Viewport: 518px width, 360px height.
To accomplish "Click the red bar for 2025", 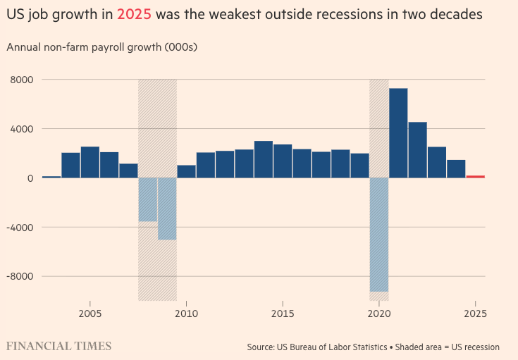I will pyautogui.click(x=475, y=176).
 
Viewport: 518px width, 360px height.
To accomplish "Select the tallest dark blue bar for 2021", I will pyautogui.click(x=398, y=132).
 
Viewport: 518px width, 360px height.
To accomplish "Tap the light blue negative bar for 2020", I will pyautogui.click(x=379, y=235).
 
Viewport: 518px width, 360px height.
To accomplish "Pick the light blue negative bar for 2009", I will pyautogui.click(x=167, y=209).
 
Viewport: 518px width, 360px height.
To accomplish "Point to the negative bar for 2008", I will pyautogui.click(x=147, y=199).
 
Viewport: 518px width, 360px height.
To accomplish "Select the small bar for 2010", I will pyautogui.click(x=186, y=171).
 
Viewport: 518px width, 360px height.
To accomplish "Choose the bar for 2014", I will pyautogui.click(x=264, y=159).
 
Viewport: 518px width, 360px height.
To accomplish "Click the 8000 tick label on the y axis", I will pyautogui.click(x=22, y=80).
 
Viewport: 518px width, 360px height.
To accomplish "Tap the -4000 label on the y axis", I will pyautogui.click(x=20, y=227).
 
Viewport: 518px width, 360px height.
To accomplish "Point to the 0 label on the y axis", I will pyautogui.click(x=30, y=178).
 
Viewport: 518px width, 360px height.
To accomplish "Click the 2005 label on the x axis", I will pyautogui.click(x=90, y=314).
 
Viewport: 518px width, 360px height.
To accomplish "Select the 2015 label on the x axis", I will pyautogui.click(x=283, y=314).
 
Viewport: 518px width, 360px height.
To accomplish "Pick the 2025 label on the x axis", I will pyautogui.click(x=476, y=314).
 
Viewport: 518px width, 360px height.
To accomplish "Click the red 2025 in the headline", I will pyautogui.click(x=135, y=13).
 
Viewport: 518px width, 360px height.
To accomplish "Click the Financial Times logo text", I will pyautogui.click(x=58, y=346).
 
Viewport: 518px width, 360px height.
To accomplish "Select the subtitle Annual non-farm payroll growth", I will pyautogui.click(x=101, y=47).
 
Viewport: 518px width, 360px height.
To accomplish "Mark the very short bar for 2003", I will pyautogui.click(x=51, y=177).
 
